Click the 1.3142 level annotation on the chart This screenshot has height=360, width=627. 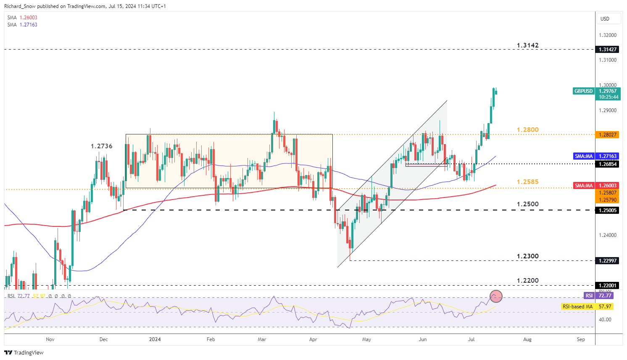click(x=527, y=45)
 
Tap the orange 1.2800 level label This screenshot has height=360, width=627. click(x=527, y=130)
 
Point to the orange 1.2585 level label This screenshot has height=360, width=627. click(x=527, y=182)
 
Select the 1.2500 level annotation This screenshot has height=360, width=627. click(x=527, y=204)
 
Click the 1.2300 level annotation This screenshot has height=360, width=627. click(x=527, y=256)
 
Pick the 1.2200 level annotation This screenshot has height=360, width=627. click(x=527, y=281)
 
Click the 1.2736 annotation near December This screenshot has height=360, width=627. click(x=102, y=146)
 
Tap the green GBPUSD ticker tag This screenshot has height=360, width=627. click(x=583, y=91)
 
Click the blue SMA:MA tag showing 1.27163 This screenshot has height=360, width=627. click(x=584, y=156)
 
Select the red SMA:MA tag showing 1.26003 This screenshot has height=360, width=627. click(x=584, y=186)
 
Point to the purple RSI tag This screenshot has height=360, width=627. click(x=589, y=296)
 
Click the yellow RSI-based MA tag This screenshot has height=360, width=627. click(x=577, y=307)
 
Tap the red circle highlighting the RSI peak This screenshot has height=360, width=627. click(x=496, y=297)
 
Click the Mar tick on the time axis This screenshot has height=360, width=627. click(x=262, y=339)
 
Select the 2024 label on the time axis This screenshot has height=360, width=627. click(x=155, y=339)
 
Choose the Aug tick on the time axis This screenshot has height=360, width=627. click(x=527, y=339)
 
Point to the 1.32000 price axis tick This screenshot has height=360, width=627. click(x=608, y=35)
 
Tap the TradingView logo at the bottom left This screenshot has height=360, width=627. click(x=24, y=352)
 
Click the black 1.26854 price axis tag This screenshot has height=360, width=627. click(x=608, y=164)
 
